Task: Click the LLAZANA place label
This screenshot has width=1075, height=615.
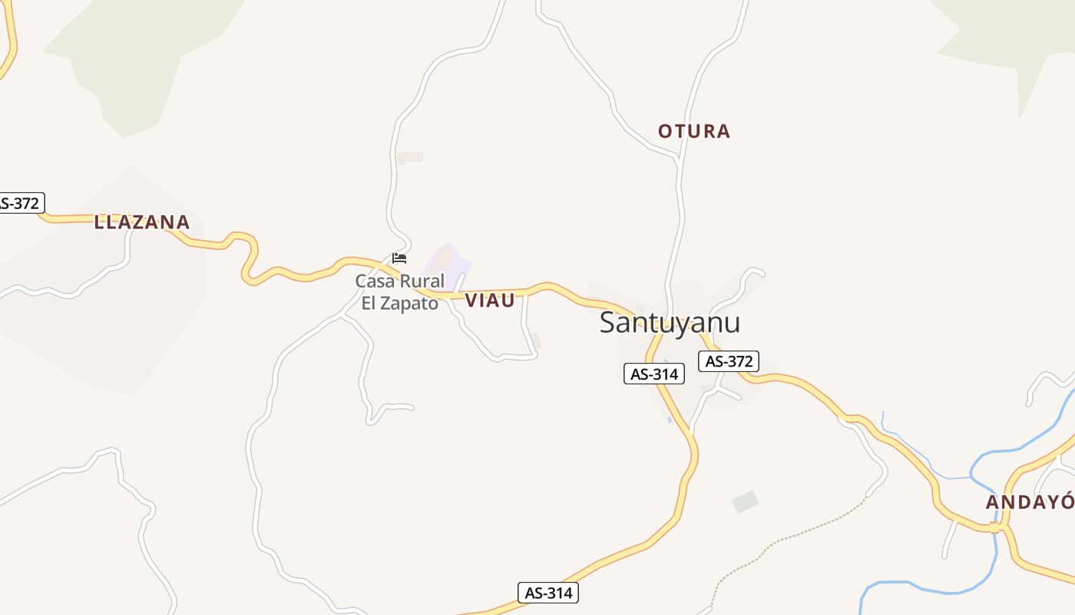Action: (x=141, y=223)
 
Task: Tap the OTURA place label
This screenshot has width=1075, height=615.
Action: (x=694, y=131)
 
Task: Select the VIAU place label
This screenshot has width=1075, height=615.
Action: (x=490, y=301)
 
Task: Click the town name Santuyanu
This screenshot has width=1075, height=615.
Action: (x=670, y=322)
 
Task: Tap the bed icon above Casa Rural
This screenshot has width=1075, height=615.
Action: (x=399, y=258)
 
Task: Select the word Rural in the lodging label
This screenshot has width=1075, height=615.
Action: (x=422, y=281)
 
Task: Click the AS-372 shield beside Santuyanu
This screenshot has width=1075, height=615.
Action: (x=728, y=361)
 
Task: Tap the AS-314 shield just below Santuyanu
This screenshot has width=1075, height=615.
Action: (x=653, y=374)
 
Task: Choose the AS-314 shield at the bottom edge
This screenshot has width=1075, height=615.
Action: (x=548, y=593)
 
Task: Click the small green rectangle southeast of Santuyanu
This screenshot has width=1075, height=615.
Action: (x=745, y=502)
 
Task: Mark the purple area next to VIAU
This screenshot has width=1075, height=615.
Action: (x=448, y=261)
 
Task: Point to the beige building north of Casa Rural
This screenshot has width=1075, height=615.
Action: (x=410, y=158)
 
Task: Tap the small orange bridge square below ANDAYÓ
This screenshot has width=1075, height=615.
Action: (x=994, y=527)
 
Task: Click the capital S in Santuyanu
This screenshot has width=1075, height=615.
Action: (x=608, y=322)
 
